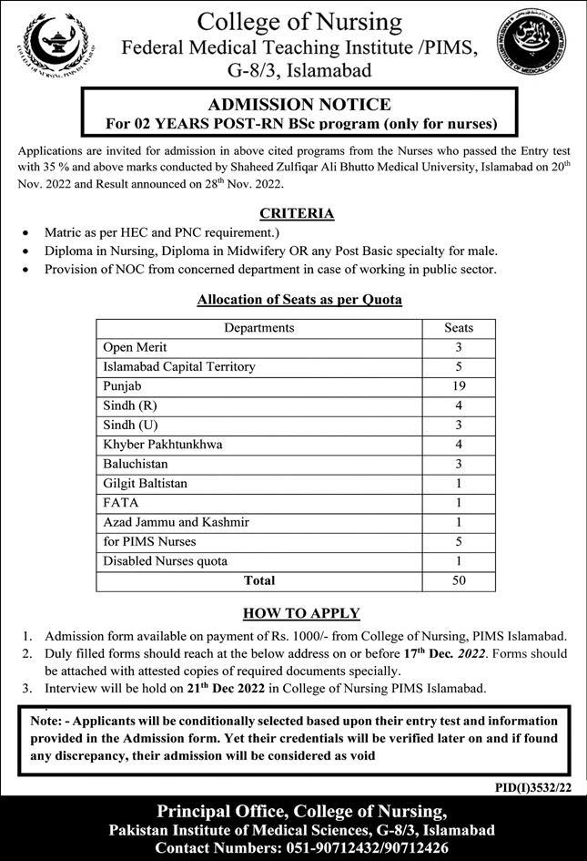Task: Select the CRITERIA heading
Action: (297, 213)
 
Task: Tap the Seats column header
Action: (458, 328)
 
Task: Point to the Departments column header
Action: (259, 328)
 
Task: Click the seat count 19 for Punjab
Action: (458, 386)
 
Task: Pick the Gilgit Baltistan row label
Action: (147, 483)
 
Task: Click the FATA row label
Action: (121, 503)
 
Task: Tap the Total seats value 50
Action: (458, 580)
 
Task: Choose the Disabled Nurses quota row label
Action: (166, 560)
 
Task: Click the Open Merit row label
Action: (136, 347)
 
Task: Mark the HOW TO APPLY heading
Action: (301, 613)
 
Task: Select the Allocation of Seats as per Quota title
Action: (299, 299)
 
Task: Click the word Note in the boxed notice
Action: (45, 720)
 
